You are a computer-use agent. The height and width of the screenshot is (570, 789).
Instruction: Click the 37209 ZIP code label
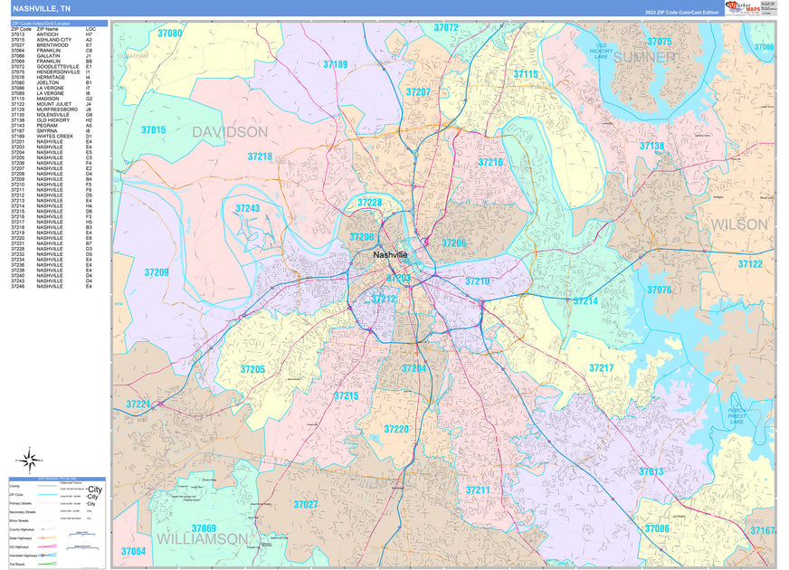[x=157, y=272]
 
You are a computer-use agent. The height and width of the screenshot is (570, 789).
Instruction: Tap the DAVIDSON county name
[x=230, y=132]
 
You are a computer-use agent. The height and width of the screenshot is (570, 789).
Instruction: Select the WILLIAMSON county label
[x=202, y=538]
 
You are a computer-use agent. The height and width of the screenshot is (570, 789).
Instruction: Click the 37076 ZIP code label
[x=659, y=290]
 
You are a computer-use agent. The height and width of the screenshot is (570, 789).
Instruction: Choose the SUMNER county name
[x=643, y=57]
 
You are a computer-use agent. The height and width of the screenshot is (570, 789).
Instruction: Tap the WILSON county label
[x=738, y=223]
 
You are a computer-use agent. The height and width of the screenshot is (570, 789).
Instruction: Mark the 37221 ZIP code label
[x=138, y=404]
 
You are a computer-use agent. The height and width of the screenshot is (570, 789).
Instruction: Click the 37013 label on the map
[x=651, y=471]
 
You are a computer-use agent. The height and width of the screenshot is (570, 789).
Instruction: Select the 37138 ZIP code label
[x=651, y=146]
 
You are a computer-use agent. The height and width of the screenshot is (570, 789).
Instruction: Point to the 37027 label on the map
[x=306, y=504]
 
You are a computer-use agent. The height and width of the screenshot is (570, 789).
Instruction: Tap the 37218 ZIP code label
[x=260, y=157]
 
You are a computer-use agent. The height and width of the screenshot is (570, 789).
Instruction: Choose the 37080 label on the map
[x=169, y=33]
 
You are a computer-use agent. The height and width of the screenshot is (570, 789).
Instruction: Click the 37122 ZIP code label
[x=750, y=264]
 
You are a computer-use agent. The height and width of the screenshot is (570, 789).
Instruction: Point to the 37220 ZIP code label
[x=396, y=429]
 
